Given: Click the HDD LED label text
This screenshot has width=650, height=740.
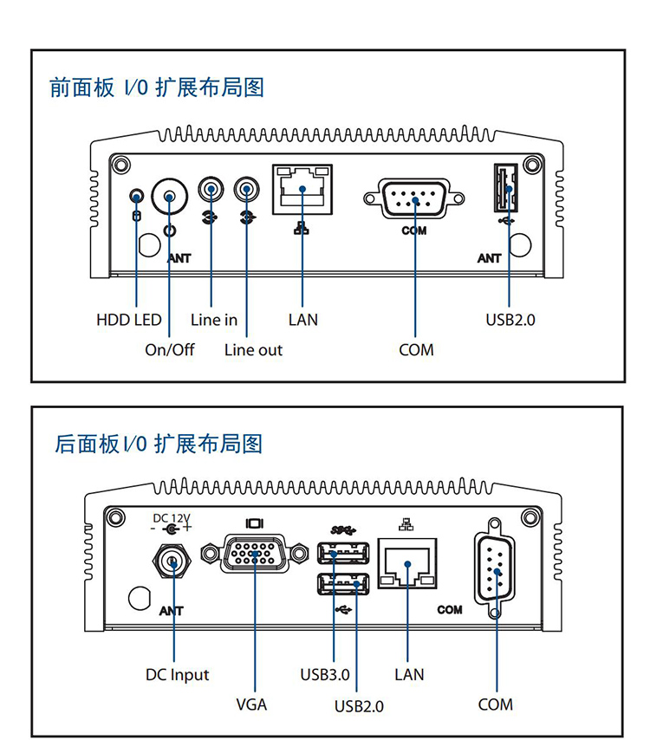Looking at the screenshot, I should tap(128, 320).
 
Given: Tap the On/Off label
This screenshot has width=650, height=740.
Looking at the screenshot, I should tap(169, 350).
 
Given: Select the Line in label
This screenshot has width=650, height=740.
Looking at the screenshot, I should tap(213, 320).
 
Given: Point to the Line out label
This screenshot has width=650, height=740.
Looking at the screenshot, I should tap(253, 350).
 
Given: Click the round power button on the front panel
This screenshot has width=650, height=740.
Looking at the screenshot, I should tap(170, 197).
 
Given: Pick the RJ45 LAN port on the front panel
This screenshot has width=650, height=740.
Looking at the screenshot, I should tap(302, 189).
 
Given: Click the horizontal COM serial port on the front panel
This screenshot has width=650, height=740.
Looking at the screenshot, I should tap(414, 200).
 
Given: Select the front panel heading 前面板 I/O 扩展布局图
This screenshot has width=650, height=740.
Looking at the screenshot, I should tap(157, 88).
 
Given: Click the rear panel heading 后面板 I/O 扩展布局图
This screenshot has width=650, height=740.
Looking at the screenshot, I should tap(159, 445).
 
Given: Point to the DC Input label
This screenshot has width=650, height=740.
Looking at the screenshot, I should tap(177, 674).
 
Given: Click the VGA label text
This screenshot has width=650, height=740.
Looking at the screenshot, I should tap(251, 704).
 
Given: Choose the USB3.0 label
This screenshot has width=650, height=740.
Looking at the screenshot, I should tap(325, 674).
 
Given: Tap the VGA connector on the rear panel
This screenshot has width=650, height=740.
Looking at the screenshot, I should tap(255, 554).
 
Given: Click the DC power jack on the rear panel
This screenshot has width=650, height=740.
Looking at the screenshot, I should tap(172, 563).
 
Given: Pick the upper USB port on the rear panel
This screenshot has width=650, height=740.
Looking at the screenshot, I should tap(343, 552).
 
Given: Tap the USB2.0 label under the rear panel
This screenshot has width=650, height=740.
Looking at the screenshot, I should tap(359, 705).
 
